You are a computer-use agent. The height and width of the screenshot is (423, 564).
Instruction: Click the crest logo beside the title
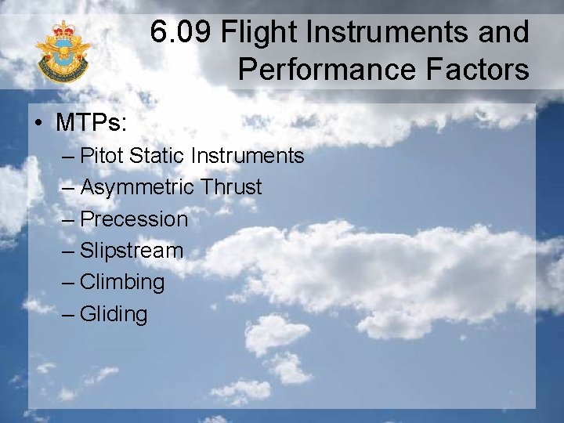click(x=63, y=52)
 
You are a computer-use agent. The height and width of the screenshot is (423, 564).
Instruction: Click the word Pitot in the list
click(x=103, y=156)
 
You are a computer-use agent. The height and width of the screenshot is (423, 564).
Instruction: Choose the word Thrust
click(x=230, y=187)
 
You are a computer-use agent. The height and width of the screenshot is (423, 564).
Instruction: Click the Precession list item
click(x=134, y=219)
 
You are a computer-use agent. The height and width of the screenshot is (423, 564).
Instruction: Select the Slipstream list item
click(x=132, y=251)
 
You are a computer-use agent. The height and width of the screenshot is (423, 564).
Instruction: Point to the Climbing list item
click(x=122, y=283)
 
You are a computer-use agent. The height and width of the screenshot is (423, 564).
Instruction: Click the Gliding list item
click(x=114, y=314)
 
